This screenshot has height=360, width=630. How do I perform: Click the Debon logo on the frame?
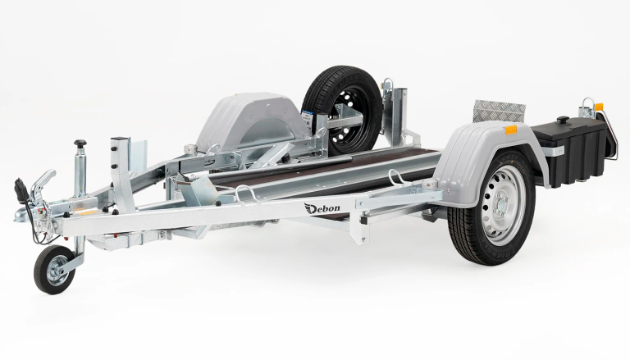(x=322, y=208)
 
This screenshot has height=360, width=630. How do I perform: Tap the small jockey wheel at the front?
(x=54, y=269)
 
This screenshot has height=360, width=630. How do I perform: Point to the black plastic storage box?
(x=571, y=153)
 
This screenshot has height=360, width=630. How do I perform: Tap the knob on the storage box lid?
(x=562, y=120)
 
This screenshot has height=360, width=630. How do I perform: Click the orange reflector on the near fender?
(x=512, y=130)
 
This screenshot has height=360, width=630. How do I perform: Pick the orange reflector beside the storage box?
(x=599, y=107)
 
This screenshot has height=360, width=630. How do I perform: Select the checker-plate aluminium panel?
(x=500, y=111)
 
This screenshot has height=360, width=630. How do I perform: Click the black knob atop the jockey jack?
(x=80, y=143)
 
